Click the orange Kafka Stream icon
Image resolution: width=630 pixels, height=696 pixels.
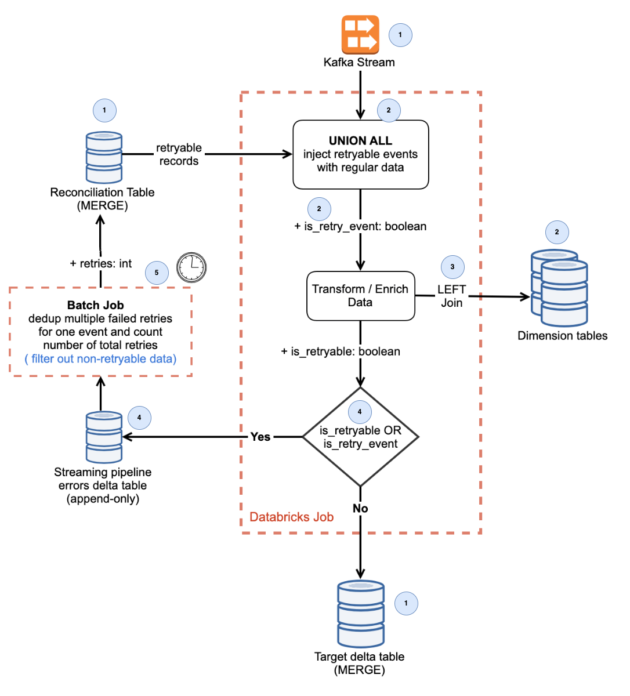pos(360,35)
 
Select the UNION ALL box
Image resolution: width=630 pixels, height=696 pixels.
pos(360,154)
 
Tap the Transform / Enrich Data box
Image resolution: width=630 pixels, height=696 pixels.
pos(360,296)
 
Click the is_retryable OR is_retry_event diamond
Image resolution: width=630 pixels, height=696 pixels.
pos(360,437)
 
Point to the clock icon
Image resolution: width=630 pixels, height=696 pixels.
pos(191,267)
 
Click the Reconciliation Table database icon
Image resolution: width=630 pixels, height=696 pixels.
pos(104,157)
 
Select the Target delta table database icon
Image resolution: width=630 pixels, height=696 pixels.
pos(360,614)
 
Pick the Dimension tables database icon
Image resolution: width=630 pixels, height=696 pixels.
pos(560,288)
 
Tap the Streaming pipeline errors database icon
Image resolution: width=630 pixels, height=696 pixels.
pos(104,437)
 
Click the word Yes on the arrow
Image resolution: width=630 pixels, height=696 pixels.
pos(260,437)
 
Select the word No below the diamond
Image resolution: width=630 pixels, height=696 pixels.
pos(360,509)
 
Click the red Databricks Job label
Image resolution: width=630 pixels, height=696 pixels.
pos(291,517)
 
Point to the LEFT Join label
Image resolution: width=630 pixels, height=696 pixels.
pos(451,296)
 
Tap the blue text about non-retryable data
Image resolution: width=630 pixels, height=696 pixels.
pos(100,359)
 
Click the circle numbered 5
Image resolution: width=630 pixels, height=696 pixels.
pos(157,273)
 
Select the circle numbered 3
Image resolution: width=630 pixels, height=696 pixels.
pos(452,267)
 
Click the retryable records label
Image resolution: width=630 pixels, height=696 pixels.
pos(179,154)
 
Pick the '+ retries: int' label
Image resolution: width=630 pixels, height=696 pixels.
pos(100,263)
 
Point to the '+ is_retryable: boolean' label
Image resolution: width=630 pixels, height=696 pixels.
pos(341,351)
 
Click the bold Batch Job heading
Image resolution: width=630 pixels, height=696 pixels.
pos(96,305)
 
